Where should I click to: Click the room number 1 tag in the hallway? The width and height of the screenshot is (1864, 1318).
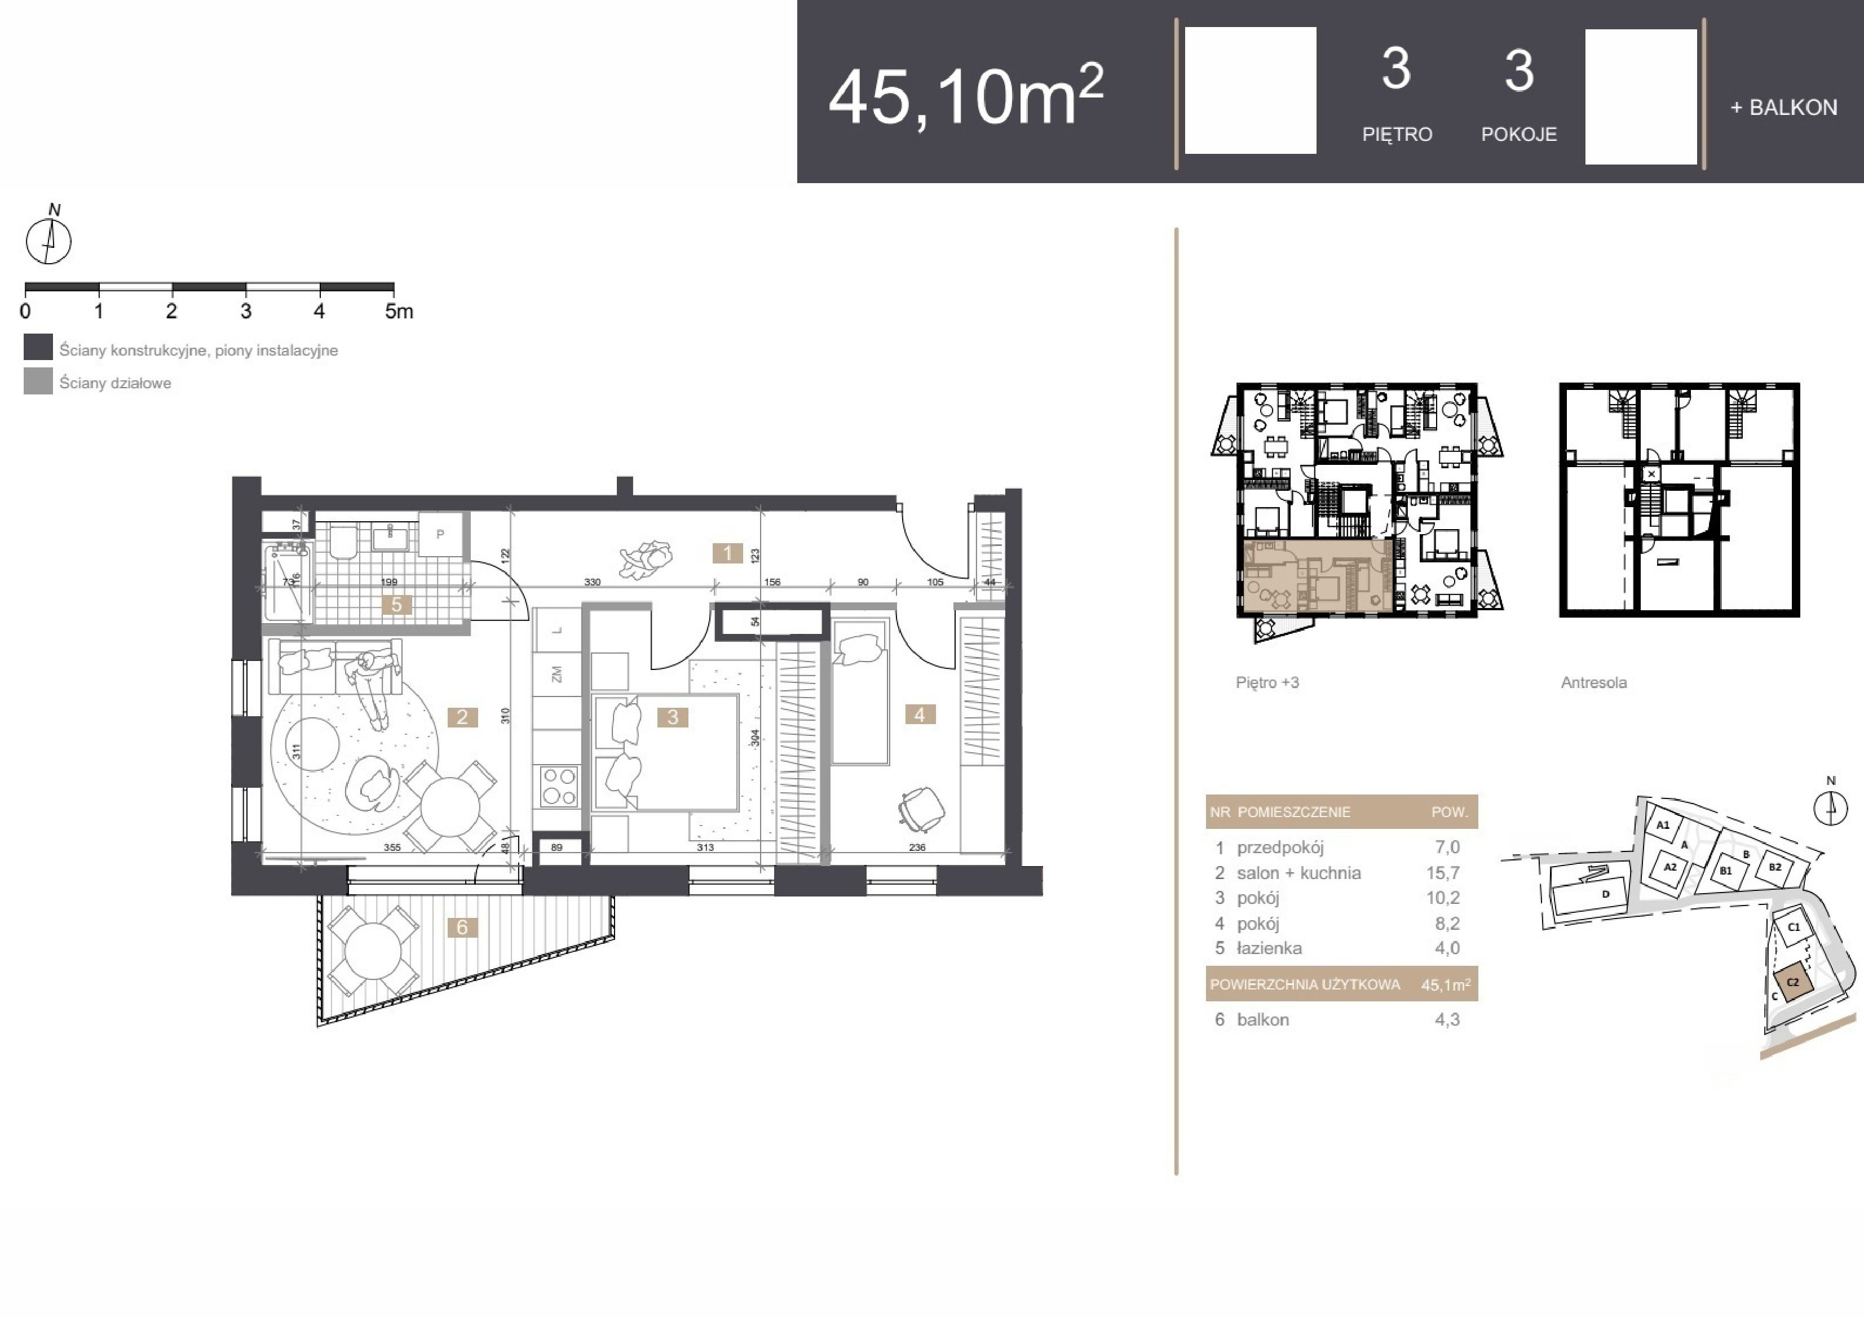pos(727,553)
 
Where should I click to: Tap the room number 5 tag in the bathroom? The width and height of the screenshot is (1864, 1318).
pos(396,605)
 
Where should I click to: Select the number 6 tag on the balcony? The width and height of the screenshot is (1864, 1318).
pos(462,928)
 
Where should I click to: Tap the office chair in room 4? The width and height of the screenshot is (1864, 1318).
pos(921,809)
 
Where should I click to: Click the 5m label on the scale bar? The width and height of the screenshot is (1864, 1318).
pos(399,311)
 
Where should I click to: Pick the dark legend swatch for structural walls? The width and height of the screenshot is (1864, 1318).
pos(38,347)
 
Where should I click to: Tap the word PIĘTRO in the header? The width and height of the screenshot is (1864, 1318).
pos(1397,135)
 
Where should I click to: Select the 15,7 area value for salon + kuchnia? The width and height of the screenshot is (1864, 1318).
pos(1443,873)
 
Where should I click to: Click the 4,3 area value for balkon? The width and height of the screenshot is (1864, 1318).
pos(1447,1020)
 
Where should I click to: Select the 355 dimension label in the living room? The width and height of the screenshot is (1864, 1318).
pos(392,847)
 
